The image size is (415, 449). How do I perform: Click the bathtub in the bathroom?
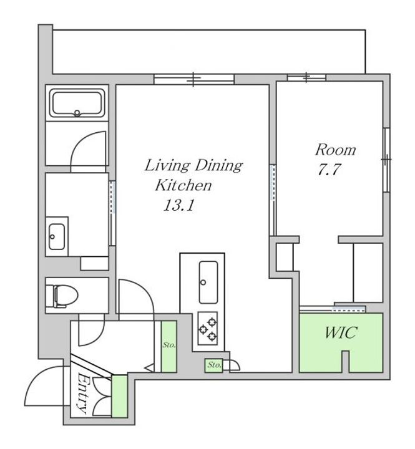tap(77, 103)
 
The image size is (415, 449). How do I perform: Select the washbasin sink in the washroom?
tap(56, 236)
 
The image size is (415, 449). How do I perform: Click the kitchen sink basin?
tap(208, 282)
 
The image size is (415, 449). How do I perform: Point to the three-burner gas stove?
tap(207, 328)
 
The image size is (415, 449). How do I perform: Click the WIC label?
tap(341, 332)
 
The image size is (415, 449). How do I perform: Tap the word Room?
tap(335, 150)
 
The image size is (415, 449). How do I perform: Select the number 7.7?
tap(329, 169)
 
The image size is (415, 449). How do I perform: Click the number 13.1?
tap(179, 205)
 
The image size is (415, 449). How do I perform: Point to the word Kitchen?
tap(183, 185)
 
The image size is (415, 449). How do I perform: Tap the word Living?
tap(167, 166)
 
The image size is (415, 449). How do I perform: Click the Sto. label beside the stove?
tap(215, 365)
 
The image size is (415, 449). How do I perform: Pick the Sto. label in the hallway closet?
tap(169, 345)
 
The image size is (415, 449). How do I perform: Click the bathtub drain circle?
tap(77, 113)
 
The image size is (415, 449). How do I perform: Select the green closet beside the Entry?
tap(120, 396)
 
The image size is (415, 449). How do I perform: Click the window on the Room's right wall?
tap(386, 160)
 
